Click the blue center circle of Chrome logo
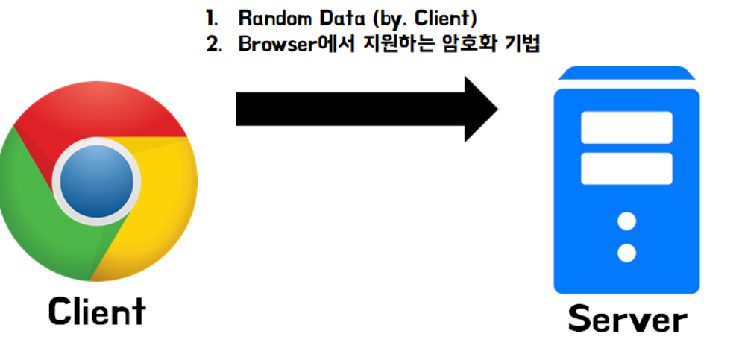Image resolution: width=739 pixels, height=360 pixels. (x=98, y=180)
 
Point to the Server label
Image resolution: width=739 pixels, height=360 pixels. (x=626, y=319)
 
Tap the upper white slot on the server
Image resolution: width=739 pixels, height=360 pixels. (x=626, y=127)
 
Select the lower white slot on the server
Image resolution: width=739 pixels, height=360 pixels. (x=626, y=168)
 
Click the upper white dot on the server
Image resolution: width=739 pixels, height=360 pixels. (x=626, y=221)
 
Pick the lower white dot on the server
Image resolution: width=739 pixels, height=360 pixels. (x=626, y=253)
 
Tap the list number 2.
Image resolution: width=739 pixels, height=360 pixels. (x=213, y=43)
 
